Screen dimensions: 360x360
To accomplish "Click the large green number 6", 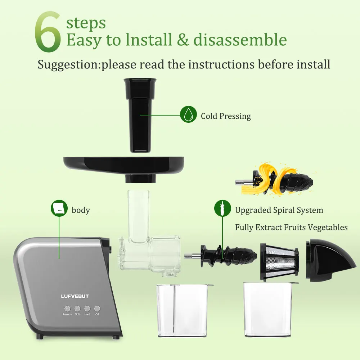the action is [x=48, y=32].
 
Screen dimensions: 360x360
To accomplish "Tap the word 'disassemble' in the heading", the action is [x=240, y=40].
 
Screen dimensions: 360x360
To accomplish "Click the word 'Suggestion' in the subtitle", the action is [x=68, y=65].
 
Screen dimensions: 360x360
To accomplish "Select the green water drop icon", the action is [x=188, y=114].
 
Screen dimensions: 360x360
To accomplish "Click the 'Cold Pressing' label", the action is [x=226, y=116].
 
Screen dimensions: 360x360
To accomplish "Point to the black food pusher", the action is [x=140, y=115].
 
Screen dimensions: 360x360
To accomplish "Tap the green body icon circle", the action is [x=59, y=208].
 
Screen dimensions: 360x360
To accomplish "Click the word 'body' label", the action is [x=81, y=210].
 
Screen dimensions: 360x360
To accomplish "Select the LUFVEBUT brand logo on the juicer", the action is [x=75, y=296].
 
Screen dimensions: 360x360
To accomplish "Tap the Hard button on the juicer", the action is [x=87, y=309].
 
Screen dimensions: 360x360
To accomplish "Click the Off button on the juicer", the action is [x=97, y=309].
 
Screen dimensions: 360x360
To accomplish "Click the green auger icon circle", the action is [x=222, y=208].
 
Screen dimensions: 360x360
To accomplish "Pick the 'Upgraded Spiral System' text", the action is [x=279, y=210].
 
